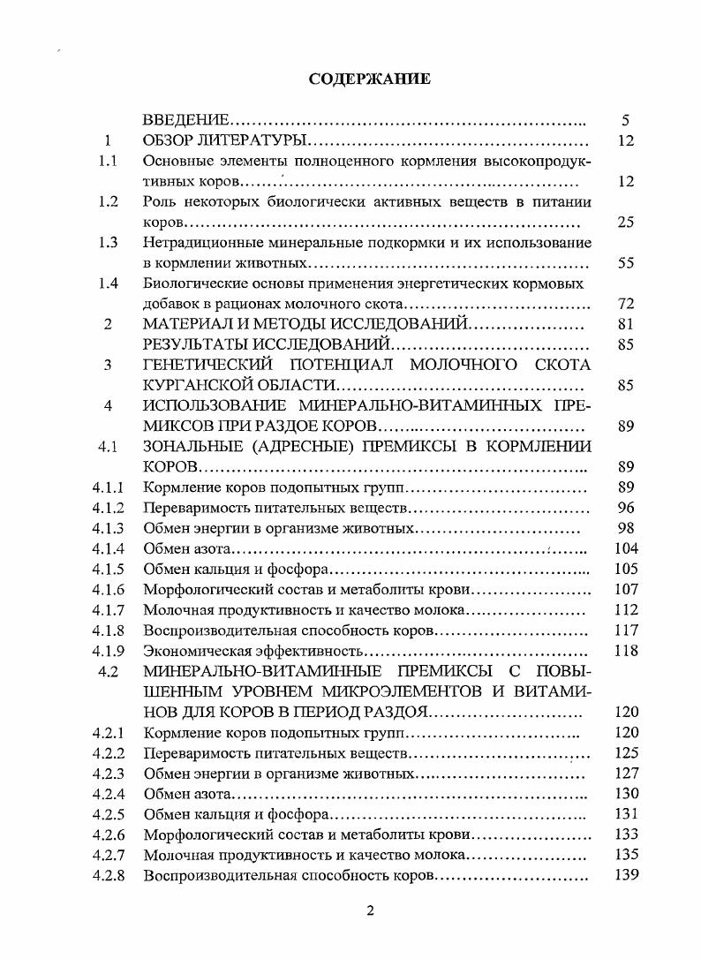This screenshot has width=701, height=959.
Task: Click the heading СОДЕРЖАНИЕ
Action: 370,79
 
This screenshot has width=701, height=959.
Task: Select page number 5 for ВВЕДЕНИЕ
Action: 626,120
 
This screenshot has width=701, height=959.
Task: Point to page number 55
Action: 626,263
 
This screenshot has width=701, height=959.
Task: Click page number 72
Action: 626,304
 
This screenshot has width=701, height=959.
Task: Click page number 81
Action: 626,324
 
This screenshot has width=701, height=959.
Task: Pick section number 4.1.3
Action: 108,528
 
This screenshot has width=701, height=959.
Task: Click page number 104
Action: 626,548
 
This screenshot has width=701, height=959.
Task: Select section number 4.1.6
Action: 108,589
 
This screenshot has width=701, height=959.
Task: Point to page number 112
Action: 626,609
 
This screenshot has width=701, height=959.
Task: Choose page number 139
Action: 626,875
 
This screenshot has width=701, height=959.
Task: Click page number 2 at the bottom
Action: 370,911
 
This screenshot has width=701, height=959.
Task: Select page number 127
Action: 626,774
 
